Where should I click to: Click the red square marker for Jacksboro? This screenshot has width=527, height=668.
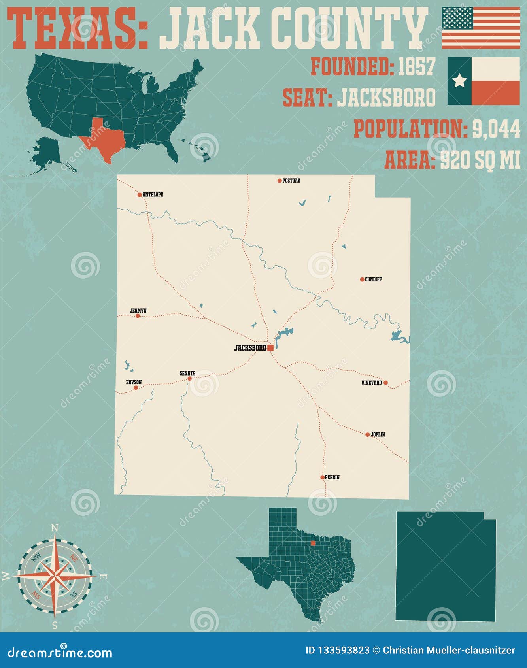(270, 348)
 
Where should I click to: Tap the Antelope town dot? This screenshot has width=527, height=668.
(140, 194)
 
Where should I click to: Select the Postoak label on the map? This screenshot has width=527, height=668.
(291, 181)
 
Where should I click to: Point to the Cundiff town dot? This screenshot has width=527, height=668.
(362, 279)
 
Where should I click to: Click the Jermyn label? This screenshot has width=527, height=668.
(138, 311)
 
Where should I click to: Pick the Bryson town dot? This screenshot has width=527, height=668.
(136, 388)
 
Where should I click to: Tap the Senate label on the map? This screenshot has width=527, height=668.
(187, 373)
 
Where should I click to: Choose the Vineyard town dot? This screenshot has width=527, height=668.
(386, 383)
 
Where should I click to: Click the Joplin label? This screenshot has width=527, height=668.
(378, 434)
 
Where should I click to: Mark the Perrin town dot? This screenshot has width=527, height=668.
(323, 477)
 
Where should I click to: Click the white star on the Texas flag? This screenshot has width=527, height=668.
(459, 81)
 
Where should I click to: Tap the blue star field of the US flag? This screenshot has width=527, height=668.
(457, 18)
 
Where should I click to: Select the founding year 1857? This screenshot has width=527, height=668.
(416, 66)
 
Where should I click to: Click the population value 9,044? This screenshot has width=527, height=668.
(497, 129)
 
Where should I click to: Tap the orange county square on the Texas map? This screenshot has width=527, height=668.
(313, 543)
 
